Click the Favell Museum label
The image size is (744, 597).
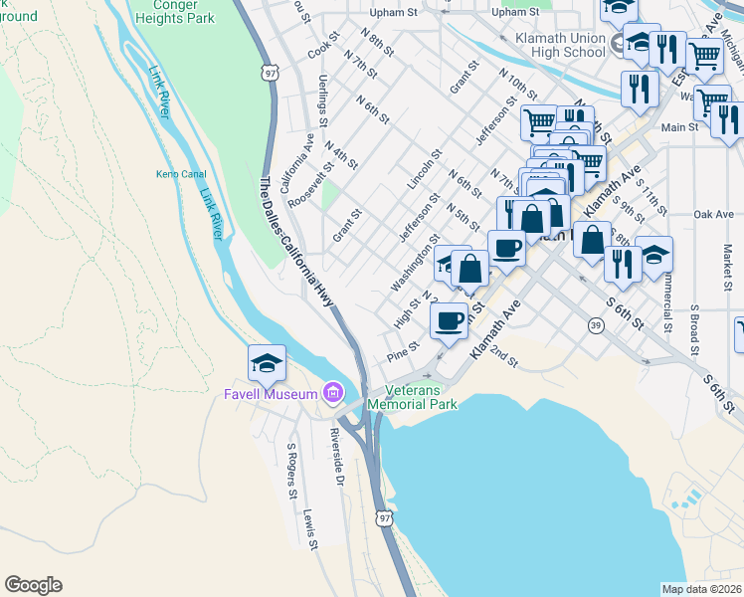tap(270, 395)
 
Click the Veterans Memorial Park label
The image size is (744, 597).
tap(412, 397)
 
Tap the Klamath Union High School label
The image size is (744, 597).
tap(554, 44)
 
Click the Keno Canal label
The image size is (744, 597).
tap(180, 174)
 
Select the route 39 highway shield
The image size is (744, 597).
tap(595, 325)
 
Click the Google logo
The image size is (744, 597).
tap(33, 585)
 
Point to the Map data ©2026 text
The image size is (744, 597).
tap(701, 589)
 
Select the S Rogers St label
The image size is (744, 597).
tap(292, 472)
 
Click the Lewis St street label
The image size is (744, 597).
tap(310, 529)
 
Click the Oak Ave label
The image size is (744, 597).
tap(713, 214)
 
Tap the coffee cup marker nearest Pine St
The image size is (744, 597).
tap(449, 320)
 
